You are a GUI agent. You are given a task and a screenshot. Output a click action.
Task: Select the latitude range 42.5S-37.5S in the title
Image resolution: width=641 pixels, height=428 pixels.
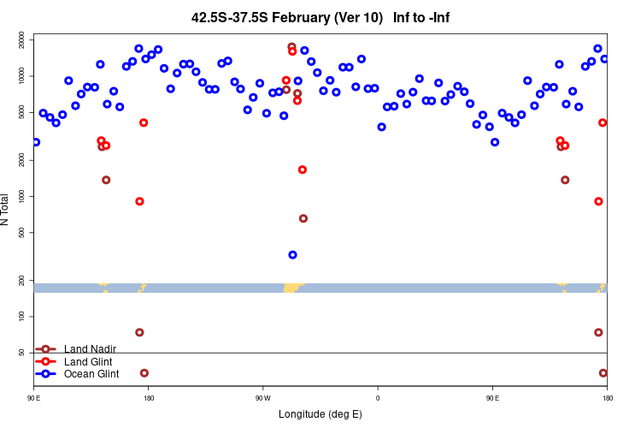(x=223, y=17)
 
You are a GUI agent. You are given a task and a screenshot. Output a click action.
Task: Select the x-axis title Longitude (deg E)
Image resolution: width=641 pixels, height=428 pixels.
(x=320, y=414)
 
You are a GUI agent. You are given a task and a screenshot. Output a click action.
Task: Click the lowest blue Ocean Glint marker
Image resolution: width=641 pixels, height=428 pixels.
(x=292, y=254)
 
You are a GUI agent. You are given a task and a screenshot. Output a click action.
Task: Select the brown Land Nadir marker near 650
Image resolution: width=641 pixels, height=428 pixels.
(x=303, y=218)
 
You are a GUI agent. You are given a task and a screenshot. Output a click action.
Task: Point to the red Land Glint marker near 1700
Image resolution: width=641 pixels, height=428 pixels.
(x=303, y=169)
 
